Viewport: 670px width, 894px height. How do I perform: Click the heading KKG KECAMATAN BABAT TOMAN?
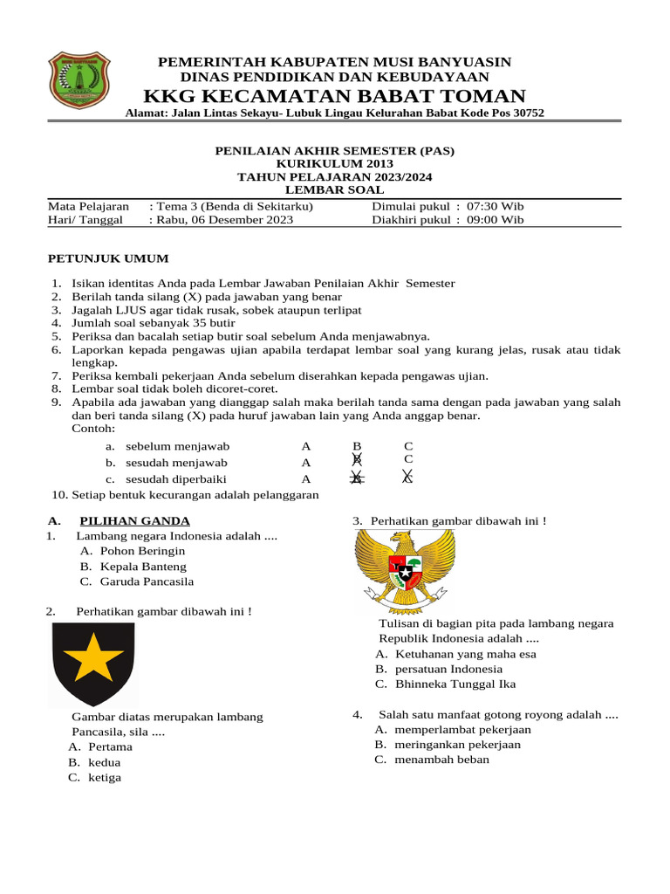[x=334, y=96]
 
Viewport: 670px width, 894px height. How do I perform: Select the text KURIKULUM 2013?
[x=335, y=163]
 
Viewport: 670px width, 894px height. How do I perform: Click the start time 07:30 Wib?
[x=496, y=207]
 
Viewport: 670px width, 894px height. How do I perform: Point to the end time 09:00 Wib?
[x=496, y=220]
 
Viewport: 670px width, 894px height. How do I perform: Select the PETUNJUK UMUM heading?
[x=108, y=259]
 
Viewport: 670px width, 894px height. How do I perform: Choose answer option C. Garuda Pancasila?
[x=137, y=581]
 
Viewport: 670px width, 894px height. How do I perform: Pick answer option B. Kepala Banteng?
[x=133, y=567]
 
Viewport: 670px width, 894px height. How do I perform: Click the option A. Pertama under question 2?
[x=88, y=747]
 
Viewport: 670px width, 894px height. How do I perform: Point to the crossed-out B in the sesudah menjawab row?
[x=356, y=460]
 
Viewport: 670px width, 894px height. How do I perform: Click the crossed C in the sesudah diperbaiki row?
[x=407, y=478]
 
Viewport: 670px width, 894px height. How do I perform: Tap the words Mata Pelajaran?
[x=88, y=207]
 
